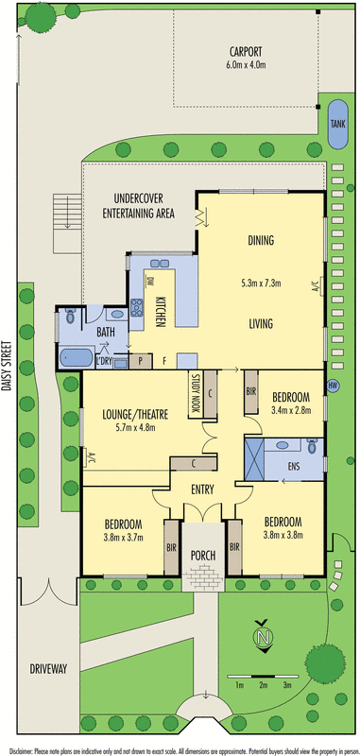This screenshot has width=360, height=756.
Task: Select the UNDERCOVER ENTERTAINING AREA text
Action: click(139, 206)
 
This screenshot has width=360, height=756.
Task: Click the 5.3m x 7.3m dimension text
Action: click(262, 282)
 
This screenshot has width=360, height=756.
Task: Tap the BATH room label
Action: click(106, 333)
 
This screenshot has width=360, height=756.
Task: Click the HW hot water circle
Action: click(332, 385)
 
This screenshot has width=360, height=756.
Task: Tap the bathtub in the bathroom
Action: click(76, 358)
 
